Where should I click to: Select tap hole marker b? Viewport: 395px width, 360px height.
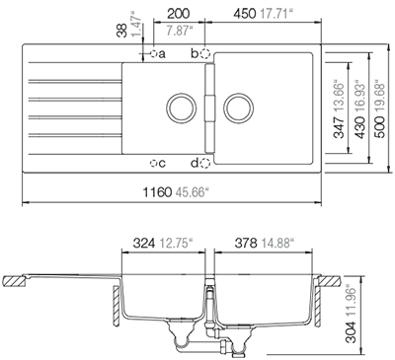[x=205, y=52]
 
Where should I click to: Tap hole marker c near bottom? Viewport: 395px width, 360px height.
[x=155, y=162]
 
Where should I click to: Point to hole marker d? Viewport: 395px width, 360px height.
[x=205, y=162]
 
